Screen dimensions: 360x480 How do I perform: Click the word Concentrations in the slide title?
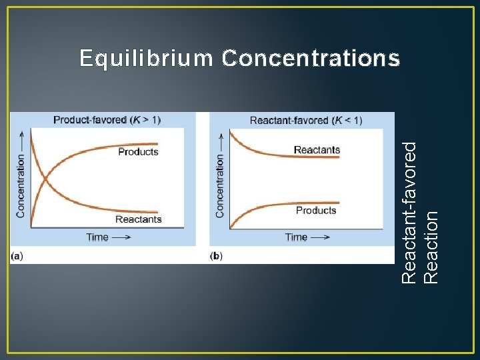(x=311, y=59)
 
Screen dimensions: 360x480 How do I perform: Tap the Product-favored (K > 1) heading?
(x=107, y=120)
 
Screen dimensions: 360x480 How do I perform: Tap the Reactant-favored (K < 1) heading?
(x=306, y=121)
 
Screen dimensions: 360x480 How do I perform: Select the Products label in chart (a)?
(x=138, y=152)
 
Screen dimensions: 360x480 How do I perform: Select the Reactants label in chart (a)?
(x=138, y=219)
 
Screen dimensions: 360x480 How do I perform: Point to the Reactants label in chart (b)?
(x=317, y=150)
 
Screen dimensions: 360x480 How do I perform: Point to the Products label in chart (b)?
(x=316, y=211)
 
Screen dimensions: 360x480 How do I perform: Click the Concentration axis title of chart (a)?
(x=21, y=186)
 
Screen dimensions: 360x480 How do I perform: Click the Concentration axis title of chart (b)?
(x=220, y=186)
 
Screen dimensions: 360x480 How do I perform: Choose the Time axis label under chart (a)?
(x=97, y=237)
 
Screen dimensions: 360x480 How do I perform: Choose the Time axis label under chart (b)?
(x=297, y=237)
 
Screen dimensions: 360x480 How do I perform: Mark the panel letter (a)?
(x=17, y=256)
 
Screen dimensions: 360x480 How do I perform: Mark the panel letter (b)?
(x=216, y=256)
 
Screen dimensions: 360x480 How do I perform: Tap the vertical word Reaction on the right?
(x=431, y=247)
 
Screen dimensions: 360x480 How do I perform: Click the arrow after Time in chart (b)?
(x=320, y=237)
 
